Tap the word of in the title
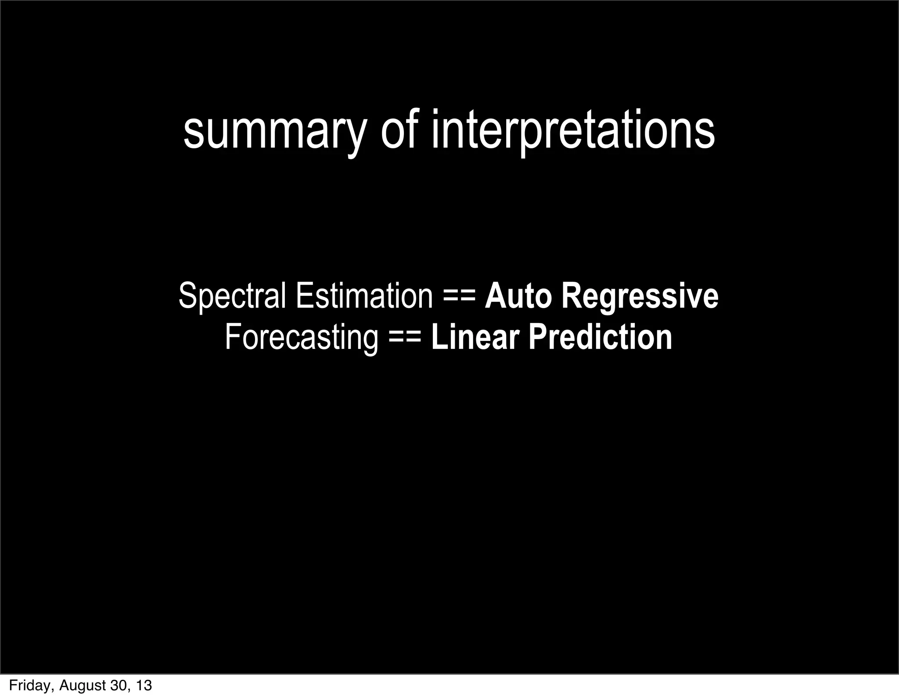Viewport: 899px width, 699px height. coord(397,129)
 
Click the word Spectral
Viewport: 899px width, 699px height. coord(232,297)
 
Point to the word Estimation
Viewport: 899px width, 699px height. coord(364,296)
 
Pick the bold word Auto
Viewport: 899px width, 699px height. coord(518,296)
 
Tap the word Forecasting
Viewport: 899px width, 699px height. coord(301,337)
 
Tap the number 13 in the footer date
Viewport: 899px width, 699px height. coord(143,685)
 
